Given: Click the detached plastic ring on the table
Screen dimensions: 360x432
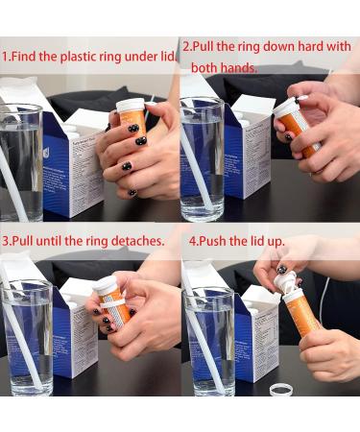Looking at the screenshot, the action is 282,395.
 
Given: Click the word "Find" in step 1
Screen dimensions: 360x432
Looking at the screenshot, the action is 24,57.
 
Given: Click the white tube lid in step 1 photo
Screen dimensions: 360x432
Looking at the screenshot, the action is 131,105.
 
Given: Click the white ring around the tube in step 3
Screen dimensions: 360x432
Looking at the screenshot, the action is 113,304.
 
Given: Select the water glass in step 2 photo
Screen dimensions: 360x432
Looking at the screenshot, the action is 203,159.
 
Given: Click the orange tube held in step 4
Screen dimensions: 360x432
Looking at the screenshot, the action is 300,314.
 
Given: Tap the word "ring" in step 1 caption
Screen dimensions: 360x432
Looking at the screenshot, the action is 110,57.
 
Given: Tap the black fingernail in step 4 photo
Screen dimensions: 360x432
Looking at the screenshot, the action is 281,269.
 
